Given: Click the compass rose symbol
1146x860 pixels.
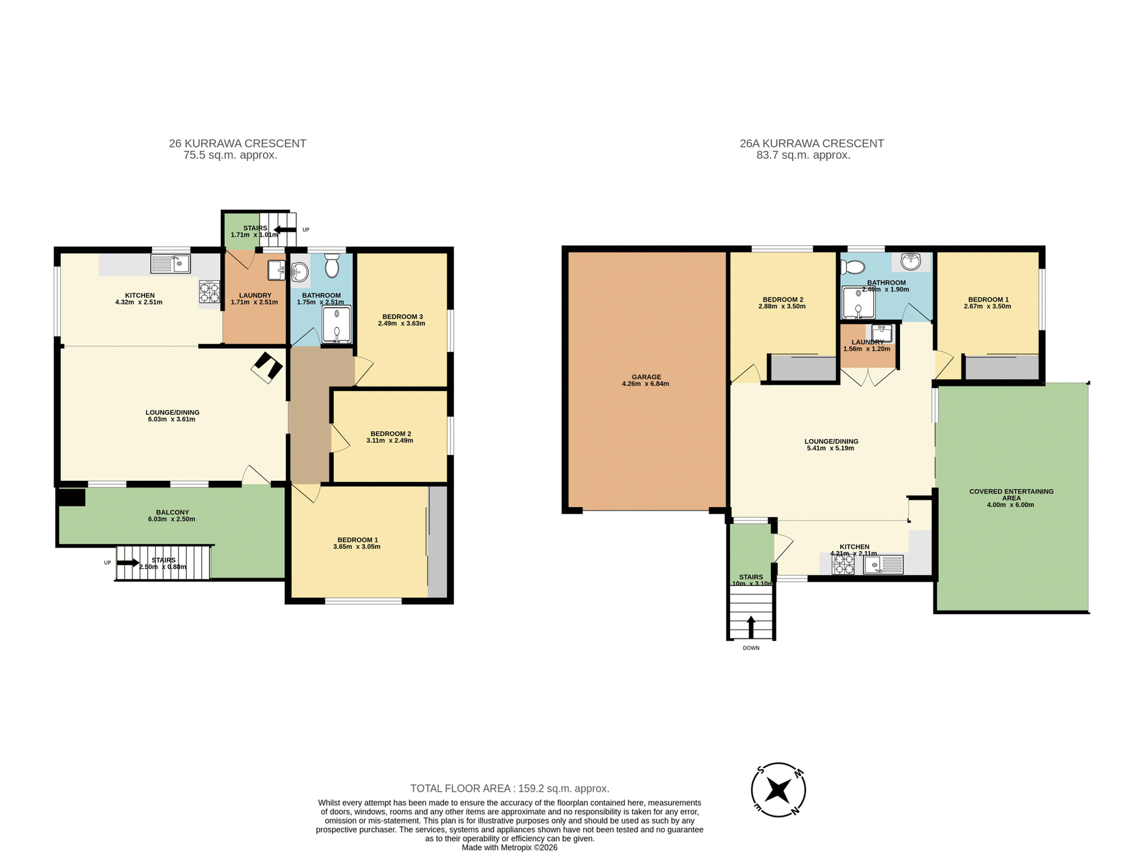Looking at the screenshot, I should coord(778,790).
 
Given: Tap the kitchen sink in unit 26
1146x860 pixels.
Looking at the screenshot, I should coord(170,263).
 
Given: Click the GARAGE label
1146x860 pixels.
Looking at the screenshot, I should coord(646,377).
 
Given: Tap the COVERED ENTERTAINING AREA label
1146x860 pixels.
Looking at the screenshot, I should coord(1011,494).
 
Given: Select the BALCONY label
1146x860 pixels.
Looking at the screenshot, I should coord(172,512).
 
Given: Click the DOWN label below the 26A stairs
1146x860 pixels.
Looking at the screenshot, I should coord(751,648).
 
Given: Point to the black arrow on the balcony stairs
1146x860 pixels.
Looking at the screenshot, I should coord(128,563).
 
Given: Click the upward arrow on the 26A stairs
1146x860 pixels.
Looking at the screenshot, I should coord(751,627).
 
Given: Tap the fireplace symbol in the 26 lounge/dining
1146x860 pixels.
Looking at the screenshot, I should coord(267,367).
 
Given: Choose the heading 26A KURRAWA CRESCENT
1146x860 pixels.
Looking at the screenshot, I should coord(812,143).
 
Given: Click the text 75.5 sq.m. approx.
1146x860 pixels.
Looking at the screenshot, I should coord(230,155).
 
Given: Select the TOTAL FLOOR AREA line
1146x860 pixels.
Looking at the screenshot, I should coord(509,788).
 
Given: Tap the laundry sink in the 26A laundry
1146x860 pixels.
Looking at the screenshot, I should coord(882,333).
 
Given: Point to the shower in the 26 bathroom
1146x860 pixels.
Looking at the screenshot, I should coord(337,325).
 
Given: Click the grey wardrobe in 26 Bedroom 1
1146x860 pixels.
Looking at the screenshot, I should coord(438,541).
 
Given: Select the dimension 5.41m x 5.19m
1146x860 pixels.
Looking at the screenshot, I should coord(830,448).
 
